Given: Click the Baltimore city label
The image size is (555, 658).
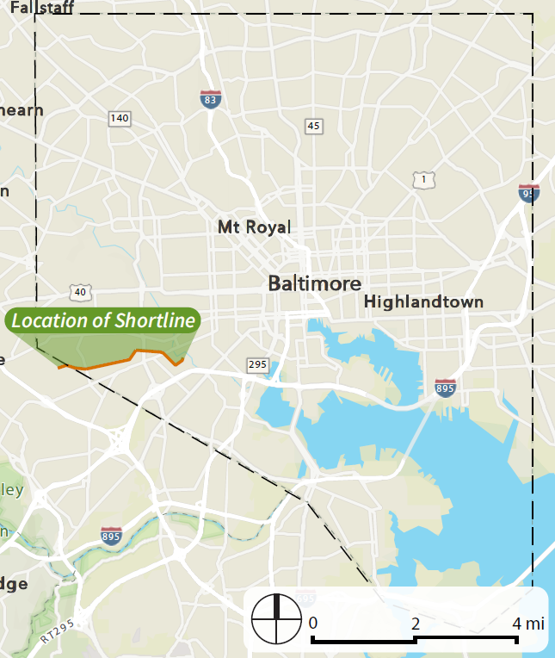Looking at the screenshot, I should pos(314,283).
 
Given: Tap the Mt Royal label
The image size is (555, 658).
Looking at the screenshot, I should pos(254,227).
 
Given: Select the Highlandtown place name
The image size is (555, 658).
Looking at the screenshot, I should pos(423,301).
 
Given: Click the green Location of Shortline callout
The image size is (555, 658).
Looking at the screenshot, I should pos(102,320).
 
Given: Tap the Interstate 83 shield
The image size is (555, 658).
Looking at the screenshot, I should pos(210,99).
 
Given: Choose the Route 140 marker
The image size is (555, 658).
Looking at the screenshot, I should pos(120,118).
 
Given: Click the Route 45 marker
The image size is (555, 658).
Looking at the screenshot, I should pos(314,127).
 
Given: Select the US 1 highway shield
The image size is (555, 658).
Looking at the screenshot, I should pos(422,179).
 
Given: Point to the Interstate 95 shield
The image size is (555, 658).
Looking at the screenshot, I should pos(529,193).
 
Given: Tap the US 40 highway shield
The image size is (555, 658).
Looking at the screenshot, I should pos(81,293).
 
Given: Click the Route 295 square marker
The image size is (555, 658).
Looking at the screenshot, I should pos(257,365).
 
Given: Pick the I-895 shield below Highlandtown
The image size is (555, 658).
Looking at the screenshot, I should pos(445,388).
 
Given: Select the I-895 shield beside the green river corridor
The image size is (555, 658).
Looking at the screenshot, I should pos(111,537).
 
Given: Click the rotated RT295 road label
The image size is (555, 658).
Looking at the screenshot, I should pos(58,631).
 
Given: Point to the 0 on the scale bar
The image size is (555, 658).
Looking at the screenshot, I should pos(313,623).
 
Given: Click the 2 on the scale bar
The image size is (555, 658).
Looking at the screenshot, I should pos(415,623).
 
